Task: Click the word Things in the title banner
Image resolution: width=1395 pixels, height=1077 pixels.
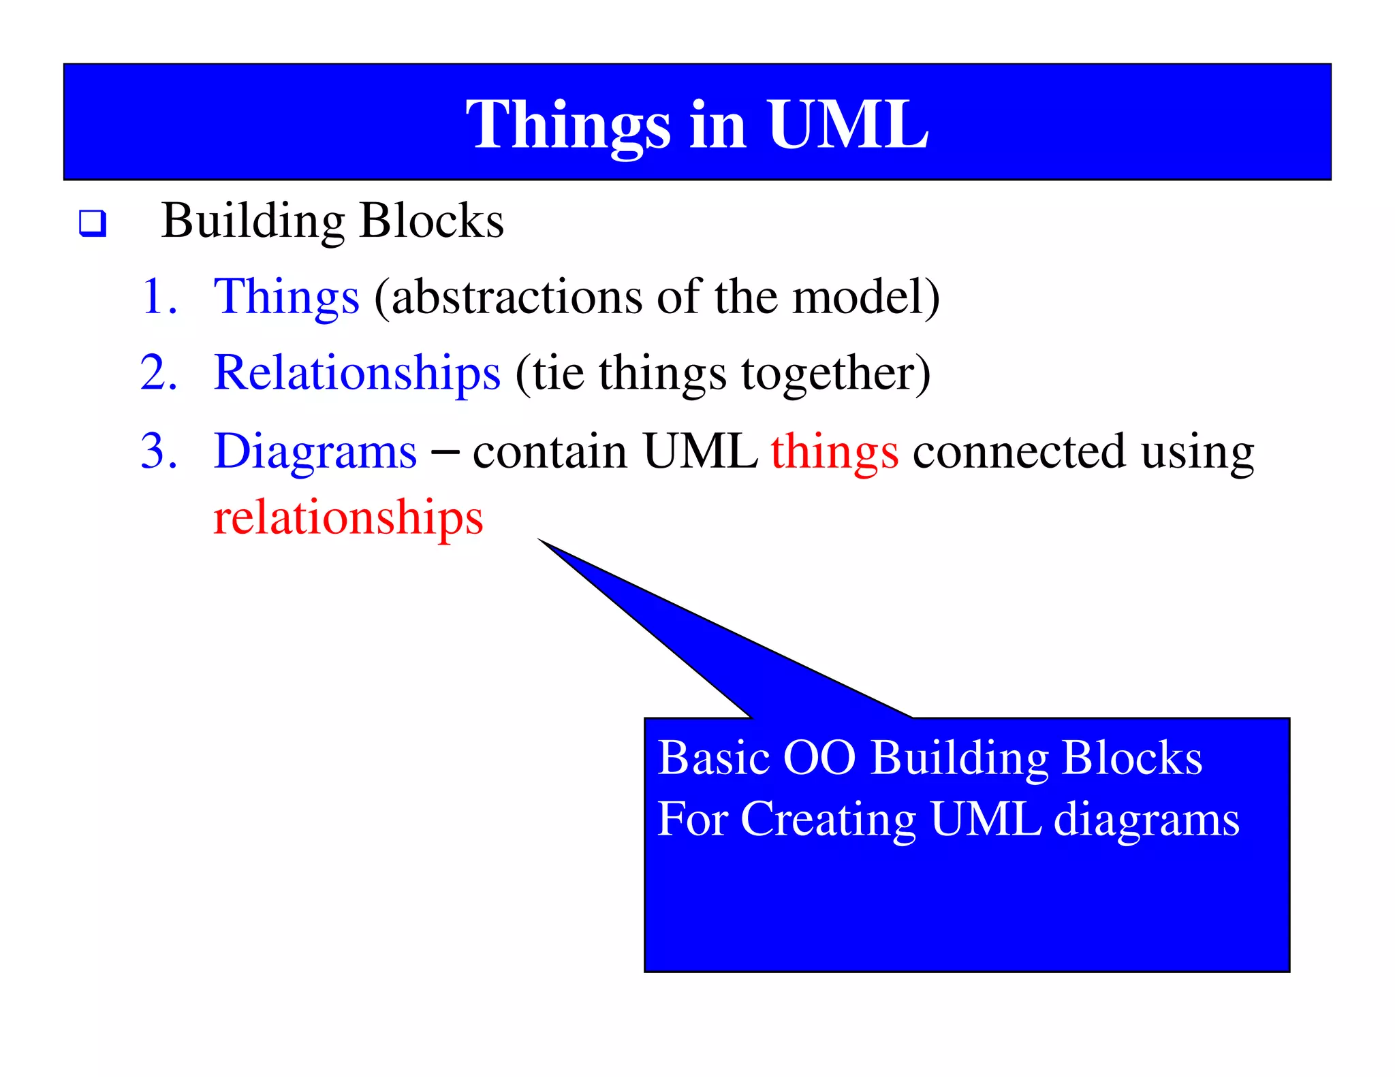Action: click(x=569, y=126)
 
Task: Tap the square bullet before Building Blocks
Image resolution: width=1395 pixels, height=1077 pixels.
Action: click(x=93, y=223)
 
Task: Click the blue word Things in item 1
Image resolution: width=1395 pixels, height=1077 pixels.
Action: click(x=286, y=298)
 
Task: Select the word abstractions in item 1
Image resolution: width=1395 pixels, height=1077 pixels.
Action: click(x=517, y=297)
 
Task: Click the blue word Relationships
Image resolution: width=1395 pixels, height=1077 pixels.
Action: click(x=357, y=373)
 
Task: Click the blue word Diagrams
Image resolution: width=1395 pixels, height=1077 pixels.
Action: click(x=315, y=452)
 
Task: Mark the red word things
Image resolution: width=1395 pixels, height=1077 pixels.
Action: click(x=834, y=452)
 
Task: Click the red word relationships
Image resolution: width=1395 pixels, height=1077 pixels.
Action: click(x=348, y=517)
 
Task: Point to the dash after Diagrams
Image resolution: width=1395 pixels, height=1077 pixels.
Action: click(x=445, y=451)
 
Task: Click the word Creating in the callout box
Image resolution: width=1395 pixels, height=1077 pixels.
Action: click(x=828, y=819)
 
